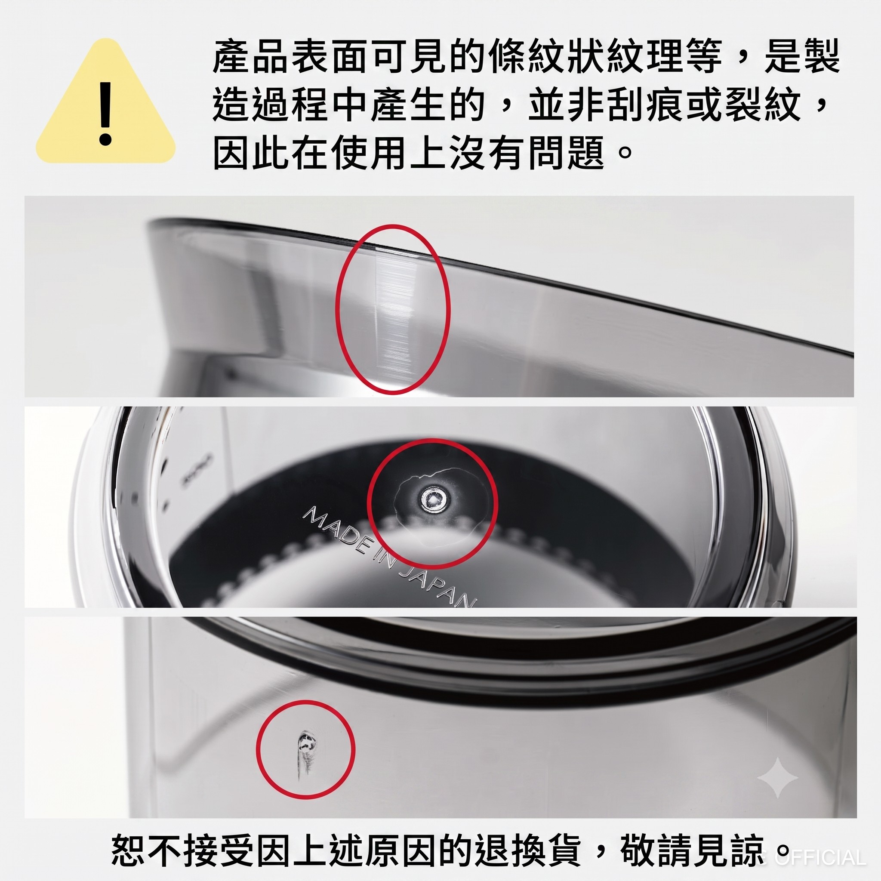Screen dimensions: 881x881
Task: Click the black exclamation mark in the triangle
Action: tap(105, 114)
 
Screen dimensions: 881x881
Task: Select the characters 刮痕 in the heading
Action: tap(646, 105)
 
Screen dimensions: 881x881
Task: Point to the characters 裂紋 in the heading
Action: tap(765, 105)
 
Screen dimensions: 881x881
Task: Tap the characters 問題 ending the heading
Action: tap(568, 152)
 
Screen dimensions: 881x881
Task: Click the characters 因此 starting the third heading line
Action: tap(252, 152)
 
